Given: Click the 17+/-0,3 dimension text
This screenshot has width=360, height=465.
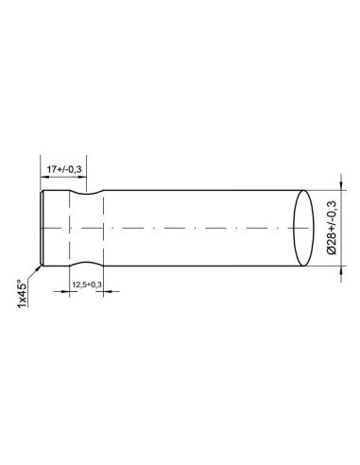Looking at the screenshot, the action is tap(64, 169).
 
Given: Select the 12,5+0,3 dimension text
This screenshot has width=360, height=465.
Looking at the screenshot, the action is tap(87, 284).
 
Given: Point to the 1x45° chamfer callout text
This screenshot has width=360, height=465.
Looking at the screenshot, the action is tap(22, 294).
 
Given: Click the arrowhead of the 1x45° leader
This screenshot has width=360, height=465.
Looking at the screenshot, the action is tap(39, 267).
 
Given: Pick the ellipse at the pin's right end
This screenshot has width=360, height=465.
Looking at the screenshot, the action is tap(303, 228).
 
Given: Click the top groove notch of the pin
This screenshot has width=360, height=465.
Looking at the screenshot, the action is tap(86, 193).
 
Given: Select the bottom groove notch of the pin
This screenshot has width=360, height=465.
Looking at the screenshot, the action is tap(86, 264).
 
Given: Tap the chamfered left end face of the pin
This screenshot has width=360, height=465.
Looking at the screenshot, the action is tap(42, 228).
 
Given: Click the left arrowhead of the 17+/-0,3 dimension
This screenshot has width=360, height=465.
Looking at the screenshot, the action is tap(44, 177).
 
